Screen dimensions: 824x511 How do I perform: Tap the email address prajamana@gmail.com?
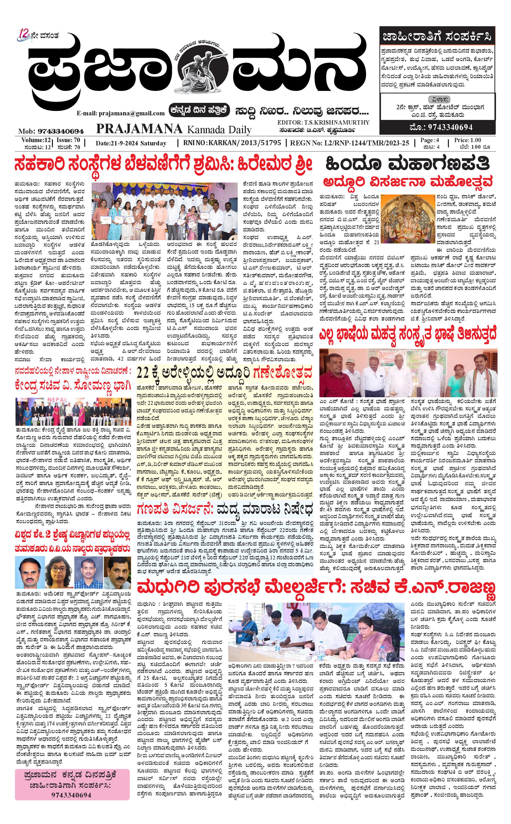[x=121, y=113]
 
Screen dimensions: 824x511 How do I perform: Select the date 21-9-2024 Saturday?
[x=131, y=143]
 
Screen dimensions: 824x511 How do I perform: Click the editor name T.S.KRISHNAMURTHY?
[x=323, y=122]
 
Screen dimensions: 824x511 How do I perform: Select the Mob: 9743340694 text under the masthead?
[x=51, y=131]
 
